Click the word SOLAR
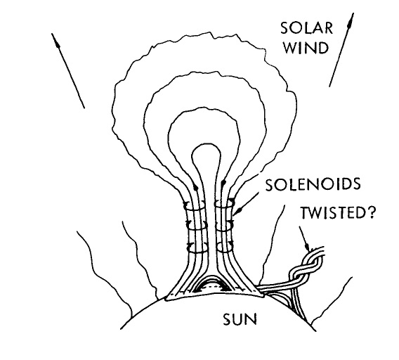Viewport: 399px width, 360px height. point(307,28)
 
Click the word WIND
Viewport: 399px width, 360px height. point(306,48)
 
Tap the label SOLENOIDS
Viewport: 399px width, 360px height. point(313,184)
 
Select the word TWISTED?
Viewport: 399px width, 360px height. point(338,212)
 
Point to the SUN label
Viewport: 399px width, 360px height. point(240,319)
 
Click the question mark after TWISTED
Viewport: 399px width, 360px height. point(371,212)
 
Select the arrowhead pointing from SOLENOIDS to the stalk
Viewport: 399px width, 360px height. point(238,211)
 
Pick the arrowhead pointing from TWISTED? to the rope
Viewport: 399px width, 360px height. point(308,247)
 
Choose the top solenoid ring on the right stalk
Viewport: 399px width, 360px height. point(224,205)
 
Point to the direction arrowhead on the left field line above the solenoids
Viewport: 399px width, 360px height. point(196,187)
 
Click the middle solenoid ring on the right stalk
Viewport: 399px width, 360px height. point(224,226)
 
